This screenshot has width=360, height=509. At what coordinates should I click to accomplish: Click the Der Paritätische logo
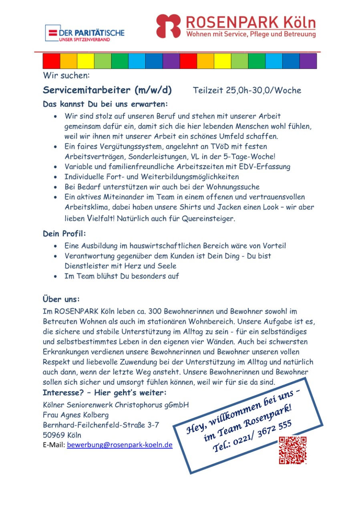pyautogui.click(x=84, y=33)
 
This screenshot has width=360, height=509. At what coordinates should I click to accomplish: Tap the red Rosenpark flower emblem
pyautogui.click(x=168, y=26)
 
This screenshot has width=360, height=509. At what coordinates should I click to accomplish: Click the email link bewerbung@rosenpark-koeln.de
pyautogui.click(x=120, y=445)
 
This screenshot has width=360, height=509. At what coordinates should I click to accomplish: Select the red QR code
pyautogui.click(x=293, y=450)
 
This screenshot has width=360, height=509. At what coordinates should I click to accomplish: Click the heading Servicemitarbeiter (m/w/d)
pyautogui.click(x=107, y=90)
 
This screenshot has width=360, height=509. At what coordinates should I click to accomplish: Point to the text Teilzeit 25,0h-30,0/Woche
pyautogui.click(x=247, y=91)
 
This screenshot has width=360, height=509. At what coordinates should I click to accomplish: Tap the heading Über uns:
pyautogui.click(x=61, y=299)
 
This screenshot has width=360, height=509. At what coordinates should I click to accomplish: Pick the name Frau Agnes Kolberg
pyautogui.click(x=76, y=415)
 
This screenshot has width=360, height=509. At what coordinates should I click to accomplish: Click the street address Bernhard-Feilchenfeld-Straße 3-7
pyautogui.click(x=101, y=425)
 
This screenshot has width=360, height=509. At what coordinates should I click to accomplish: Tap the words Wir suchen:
pyautogui.click(x=66, y=75)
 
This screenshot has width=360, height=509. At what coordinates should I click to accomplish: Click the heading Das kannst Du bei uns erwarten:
pyautogui.click(x=105, y=104)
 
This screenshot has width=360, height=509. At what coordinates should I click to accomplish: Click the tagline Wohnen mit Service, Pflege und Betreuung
pyautogui.click(x=251, y=35)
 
